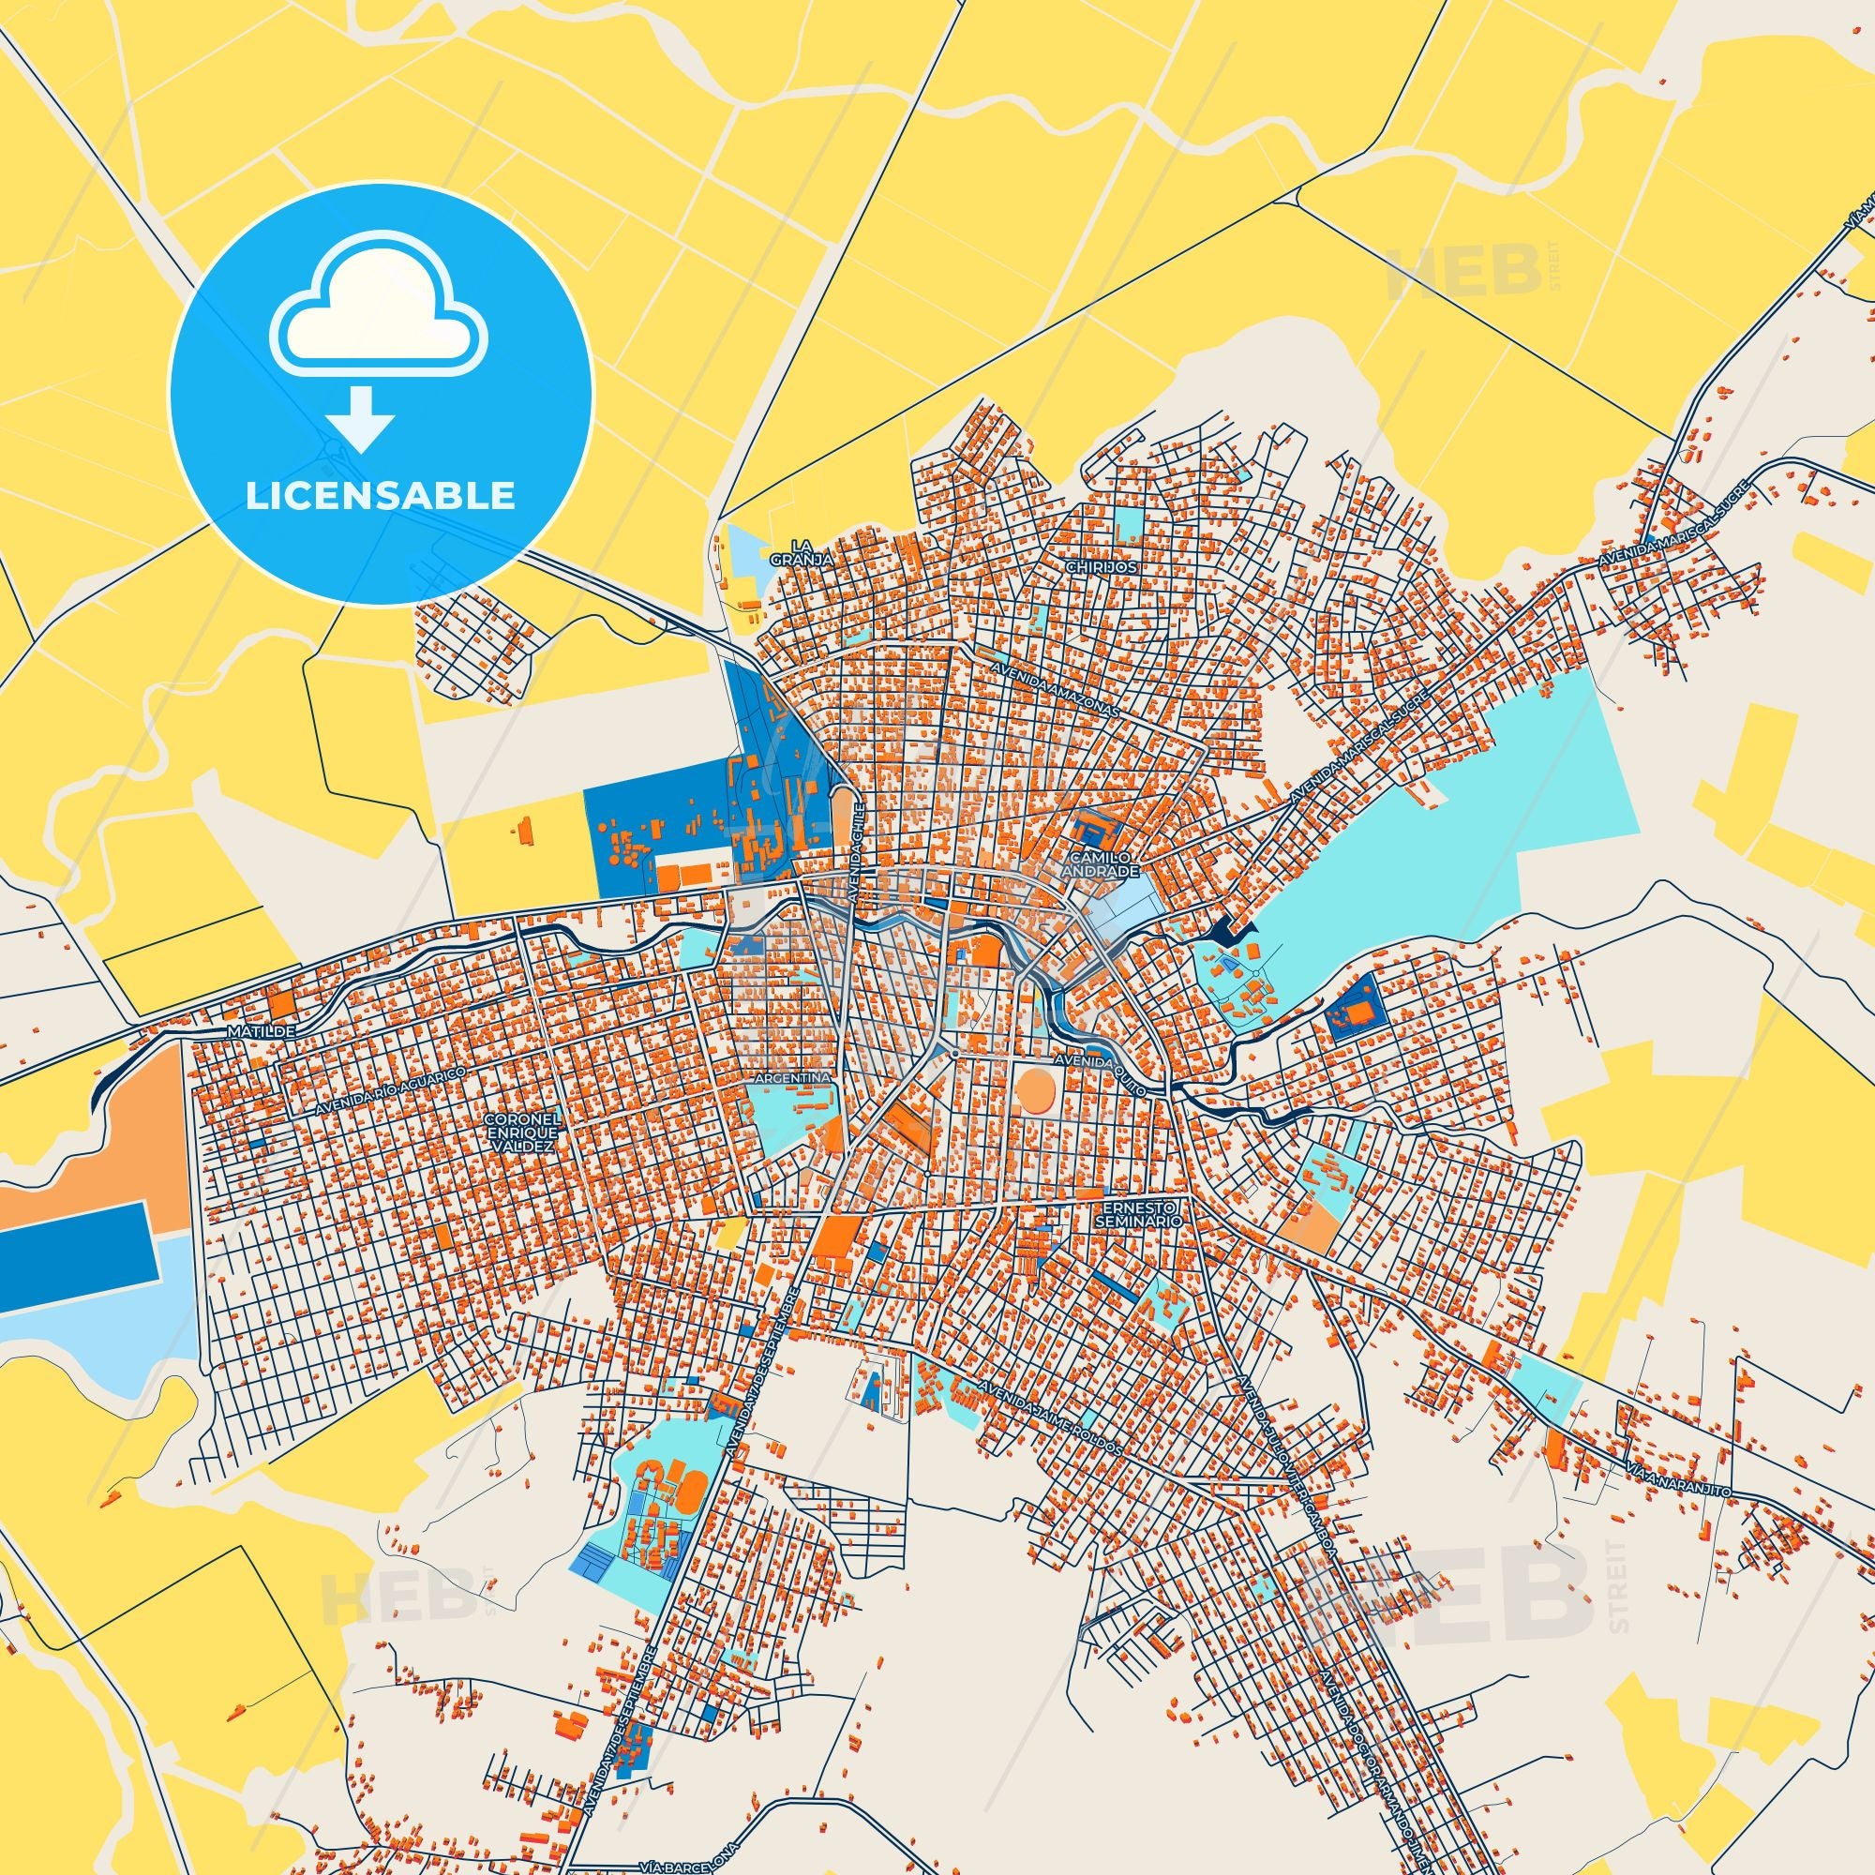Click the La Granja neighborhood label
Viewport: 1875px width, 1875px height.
pyautogui.click(x=788, y=551)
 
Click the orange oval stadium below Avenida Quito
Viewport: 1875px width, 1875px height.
pyautogui.click(x=1037, y=1091)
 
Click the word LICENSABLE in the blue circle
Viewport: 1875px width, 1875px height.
pyautogui.click(x=380, y=495)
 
